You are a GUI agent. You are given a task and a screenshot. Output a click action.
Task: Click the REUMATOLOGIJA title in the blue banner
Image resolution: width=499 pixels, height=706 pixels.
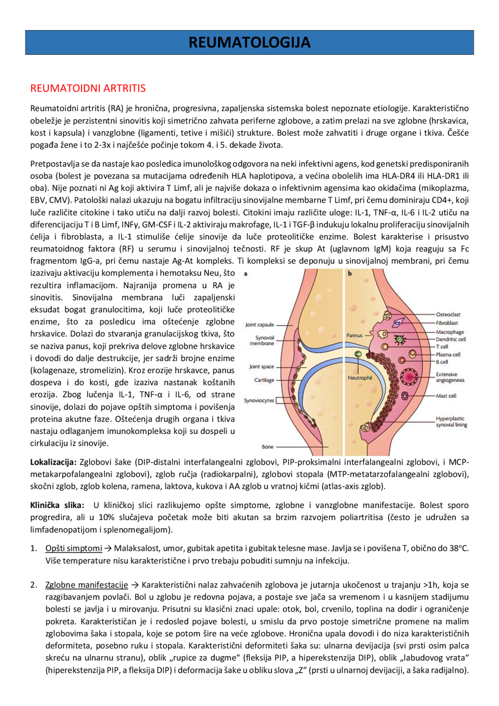pyautogui.click(x=249, y=42)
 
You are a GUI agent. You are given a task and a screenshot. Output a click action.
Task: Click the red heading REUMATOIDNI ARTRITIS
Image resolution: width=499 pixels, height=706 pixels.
pyautogui.click(x=88, y=88)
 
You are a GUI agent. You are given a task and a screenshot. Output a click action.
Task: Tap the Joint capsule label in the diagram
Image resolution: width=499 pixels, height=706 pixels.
pyautogui.click(x=260, y=325)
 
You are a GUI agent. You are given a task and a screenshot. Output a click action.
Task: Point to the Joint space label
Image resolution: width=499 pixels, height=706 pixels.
pyautogui.click(x=262, y=366)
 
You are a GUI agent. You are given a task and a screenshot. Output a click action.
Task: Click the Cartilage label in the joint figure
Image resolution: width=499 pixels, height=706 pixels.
pyautogui.click(x=264, y=380)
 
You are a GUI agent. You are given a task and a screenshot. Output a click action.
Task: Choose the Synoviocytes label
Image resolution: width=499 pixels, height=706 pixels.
pyautogui.click(x=259, y=400)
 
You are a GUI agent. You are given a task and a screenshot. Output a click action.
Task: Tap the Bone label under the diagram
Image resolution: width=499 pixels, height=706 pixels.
pyautogui.click(x=267, y=447)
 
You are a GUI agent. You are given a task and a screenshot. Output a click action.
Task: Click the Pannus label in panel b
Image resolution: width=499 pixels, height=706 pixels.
pyautogui.click(x=354, y=335)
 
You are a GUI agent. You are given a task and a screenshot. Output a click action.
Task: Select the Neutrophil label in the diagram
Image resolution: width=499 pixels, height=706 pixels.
pyautogui.click(x=360, y=378)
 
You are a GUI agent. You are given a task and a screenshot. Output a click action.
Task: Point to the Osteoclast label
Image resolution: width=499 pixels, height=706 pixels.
pyautogui.click(x=448, y=314)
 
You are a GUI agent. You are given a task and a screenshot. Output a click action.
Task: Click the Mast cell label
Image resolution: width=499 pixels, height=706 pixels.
pyautogui.click(x=446, y=396)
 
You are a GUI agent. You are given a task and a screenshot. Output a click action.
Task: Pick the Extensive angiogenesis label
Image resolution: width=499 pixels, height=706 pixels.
pyautogui.click(x=450, y=377)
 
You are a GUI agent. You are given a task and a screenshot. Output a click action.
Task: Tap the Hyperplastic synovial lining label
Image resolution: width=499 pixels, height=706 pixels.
pyautogui.click(x=451, y=421)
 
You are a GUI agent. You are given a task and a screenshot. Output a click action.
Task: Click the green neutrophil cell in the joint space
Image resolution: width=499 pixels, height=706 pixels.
pyautogui.click(x=358, y=354)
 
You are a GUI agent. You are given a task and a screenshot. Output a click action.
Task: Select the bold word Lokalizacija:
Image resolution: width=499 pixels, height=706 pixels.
pyautogui.click(x=53, y=462)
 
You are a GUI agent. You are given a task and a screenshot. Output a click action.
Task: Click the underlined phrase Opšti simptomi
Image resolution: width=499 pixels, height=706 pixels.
pyautogui.click(x=74, y=549)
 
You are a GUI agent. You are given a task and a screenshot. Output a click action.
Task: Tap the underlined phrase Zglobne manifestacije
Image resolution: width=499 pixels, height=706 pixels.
pyautogui.click(x=87, y=585)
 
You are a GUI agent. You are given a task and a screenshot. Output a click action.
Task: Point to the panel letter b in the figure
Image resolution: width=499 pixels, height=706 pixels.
pyautogui.click(x=350, y=274)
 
